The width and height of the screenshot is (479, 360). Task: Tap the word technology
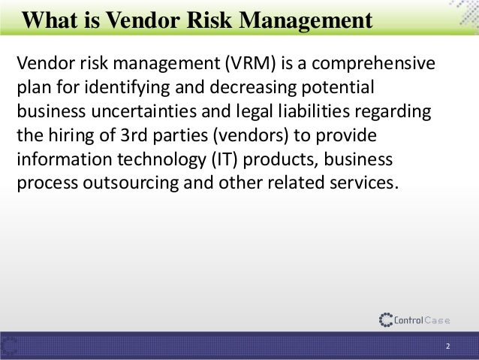pos(151,162)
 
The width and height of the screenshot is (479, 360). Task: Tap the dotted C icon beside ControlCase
pos(387,319)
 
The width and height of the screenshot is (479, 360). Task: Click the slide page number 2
pos(447,346)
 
